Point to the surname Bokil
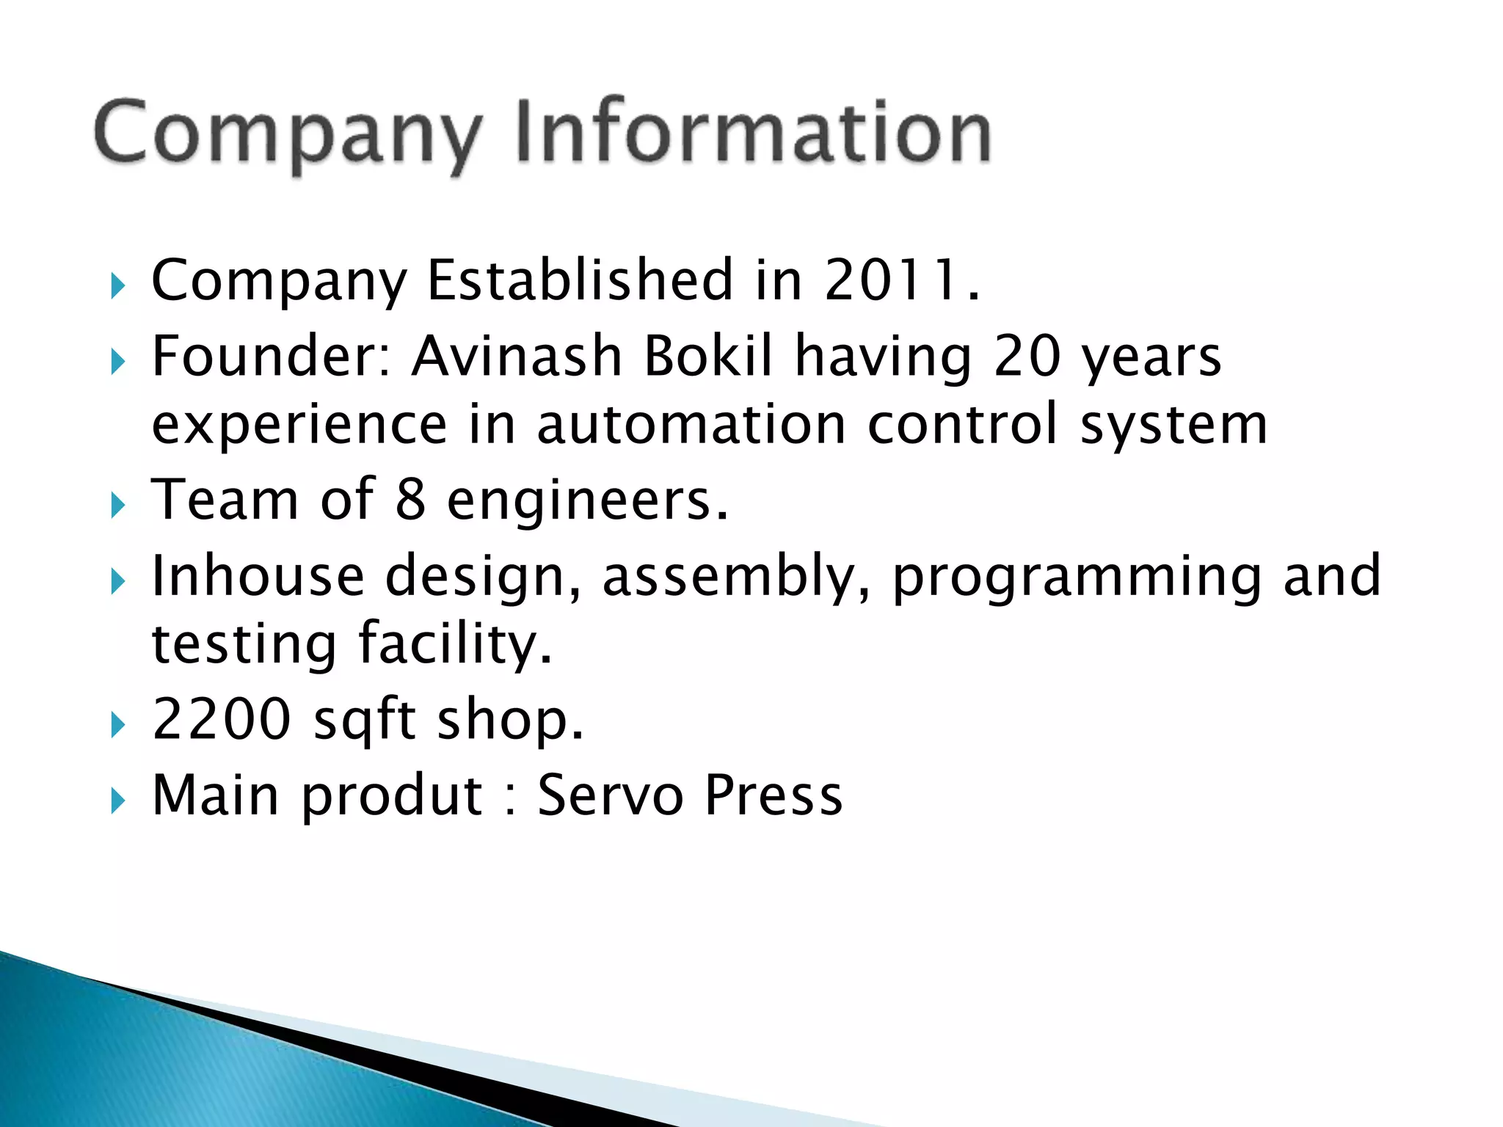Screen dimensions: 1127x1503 click(708, 356)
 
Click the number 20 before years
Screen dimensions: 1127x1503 click(1027, 356)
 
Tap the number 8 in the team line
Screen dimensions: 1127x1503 click(410, 500)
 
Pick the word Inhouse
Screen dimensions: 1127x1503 click(258, 575)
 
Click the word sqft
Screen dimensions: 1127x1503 click(365, 721)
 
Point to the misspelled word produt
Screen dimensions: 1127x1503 click(391, 797)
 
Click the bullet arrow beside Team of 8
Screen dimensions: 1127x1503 click(118, 506)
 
